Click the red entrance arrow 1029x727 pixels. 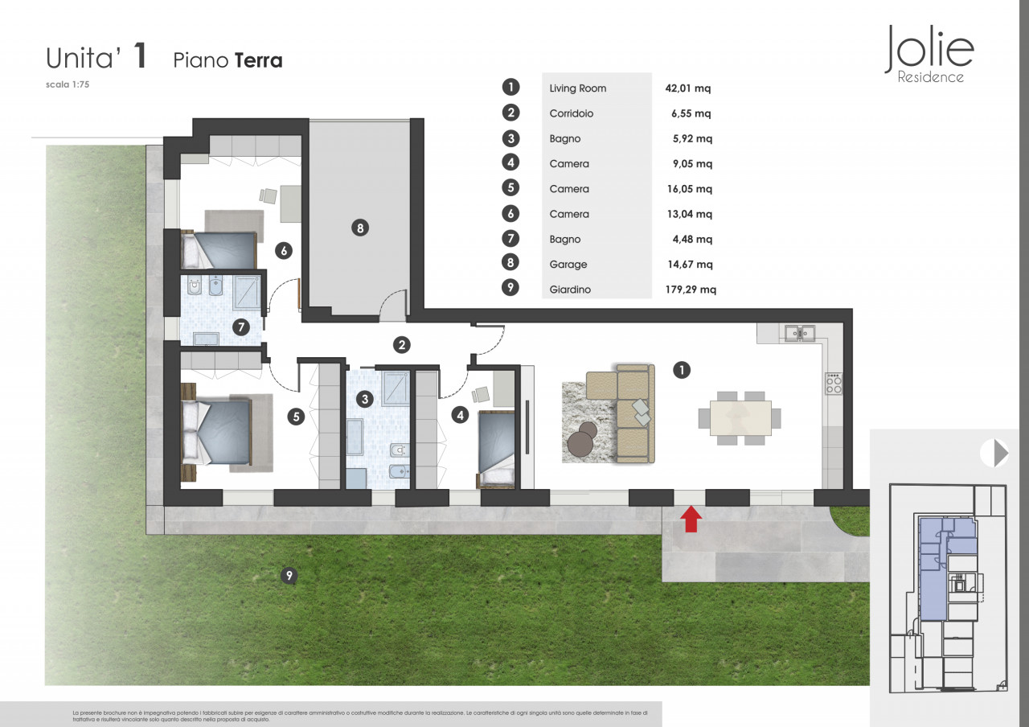(691, 519)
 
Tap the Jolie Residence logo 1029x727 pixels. (929, 54)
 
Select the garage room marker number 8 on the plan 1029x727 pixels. (360, 228)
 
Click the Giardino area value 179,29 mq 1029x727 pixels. (691, 290)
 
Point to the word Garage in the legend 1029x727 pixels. (568, 265)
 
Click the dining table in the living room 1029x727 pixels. (740, 418)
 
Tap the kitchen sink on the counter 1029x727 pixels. (799, 333)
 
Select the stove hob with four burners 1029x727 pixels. (834, 384)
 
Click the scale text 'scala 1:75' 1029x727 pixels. (68, 84)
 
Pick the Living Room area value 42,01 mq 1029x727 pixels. (687, 88)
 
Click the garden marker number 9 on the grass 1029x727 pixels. (289, 575)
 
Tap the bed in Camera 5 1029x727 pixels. (217, 433)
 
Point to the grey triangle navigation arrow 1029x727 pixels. (1001, 453)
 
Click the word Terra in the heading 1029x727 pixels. (259, 60)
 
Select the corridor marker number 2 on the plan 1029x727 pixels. (402, 345)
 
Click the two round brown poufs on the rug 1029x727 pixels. (583, 439)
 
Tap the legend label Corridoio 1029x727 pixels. (572, 113)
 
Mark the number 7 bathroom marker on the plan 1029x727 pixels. (241, 327)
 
